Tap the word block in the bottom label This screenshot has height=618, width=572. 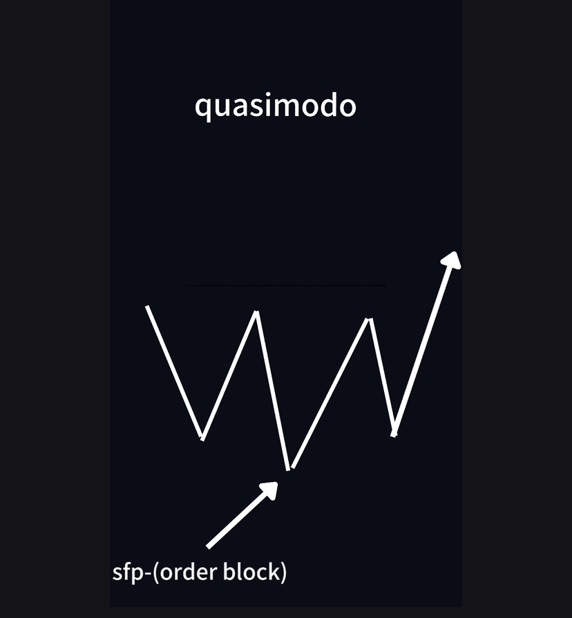coord(252,572)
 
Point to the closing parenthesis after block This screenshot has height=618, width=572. coord(283,572)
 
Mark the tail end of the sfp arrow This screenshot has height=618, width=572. coord(209,546)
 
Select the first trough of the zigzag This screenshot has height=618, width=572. coord(202,438)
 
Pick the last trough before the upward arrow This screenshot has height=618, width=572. coord(394,434)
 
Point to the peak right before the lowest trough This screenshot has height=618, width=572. coord(257,313)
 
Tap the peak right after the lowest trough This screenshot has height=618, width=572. coord(370,320)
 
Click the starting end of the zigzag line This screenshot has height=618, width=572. coord(147,306)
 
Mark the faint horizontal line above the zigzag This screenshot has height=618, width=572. coord(285,284)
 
